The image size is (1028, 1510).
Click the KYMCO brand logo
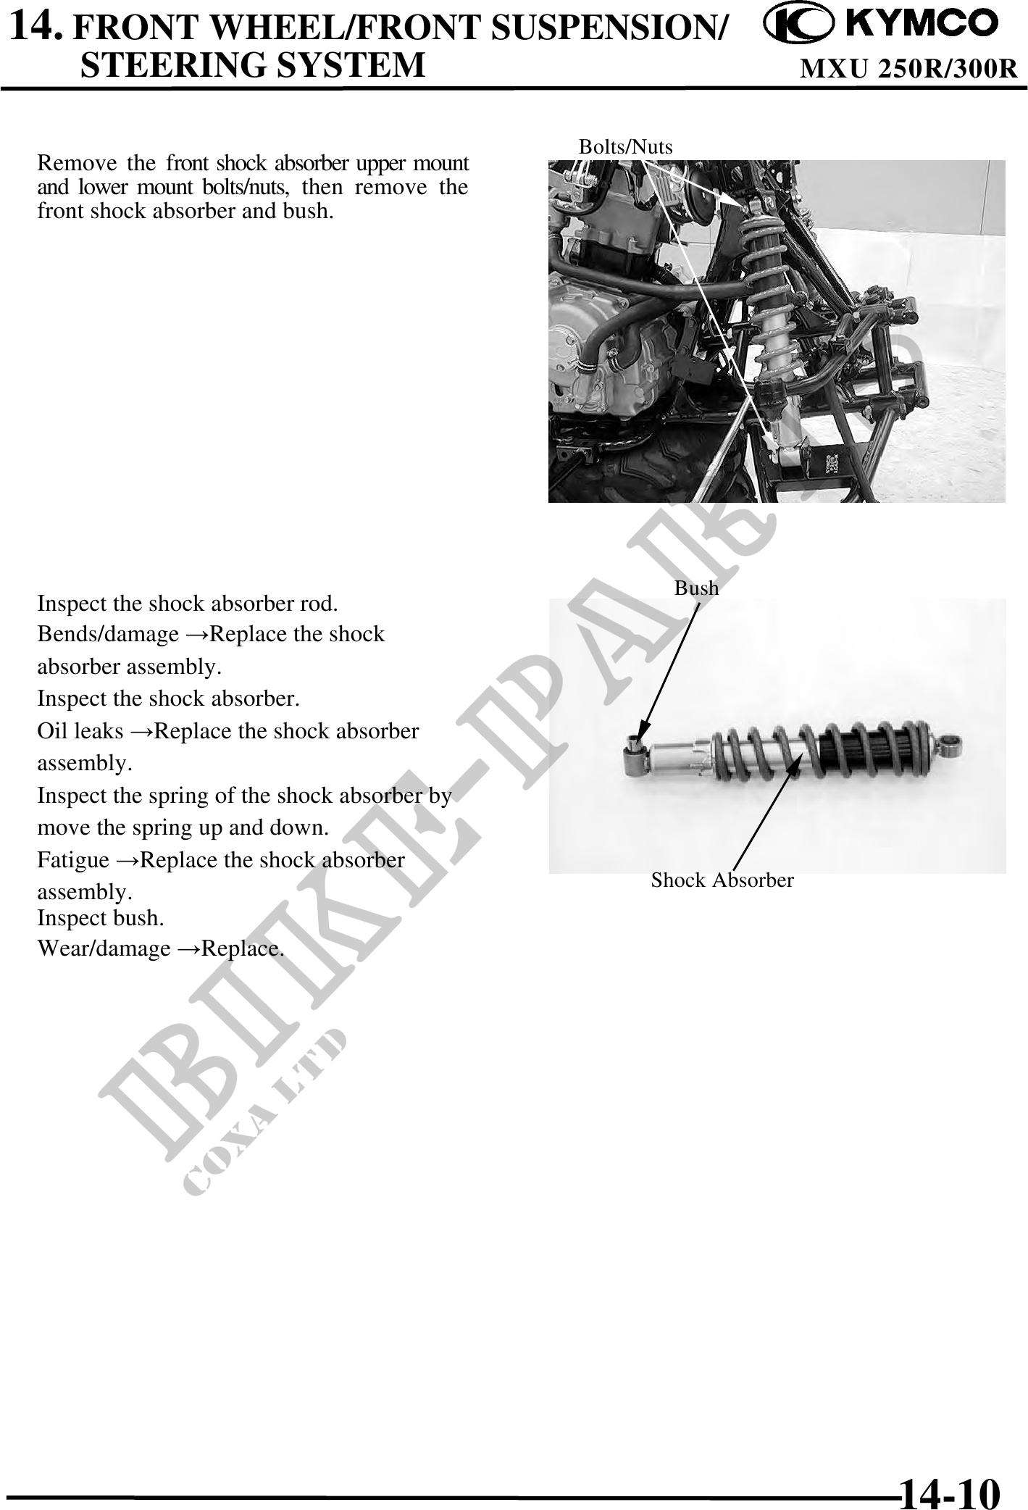(881, 25)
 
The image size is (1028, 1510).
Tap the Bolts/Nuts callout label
(626, 146)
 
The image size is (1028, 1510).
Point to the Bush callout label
(697, 588)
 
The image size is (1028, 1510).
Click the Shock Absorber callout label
(722, 880)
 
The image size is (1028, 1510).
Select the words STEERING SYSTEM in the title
(252, 64)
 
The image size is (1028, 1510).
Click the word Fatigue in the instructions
(74, 861)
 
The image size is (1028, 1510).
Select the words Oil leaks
(80, 731)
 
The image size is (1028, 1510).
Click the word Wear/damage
(104, 948)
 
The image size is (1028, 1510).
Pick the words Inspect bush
(101, 918)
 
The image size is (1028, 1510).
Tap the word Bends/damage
(108, 635)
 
